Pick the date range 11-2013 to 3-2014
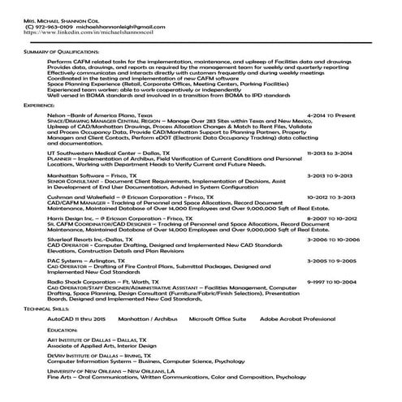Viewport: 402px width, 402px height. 330,152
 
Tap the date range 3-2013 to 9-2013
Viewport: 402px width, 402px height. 330,175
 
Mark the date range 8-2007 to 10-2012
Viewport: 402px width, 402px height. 331,219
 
